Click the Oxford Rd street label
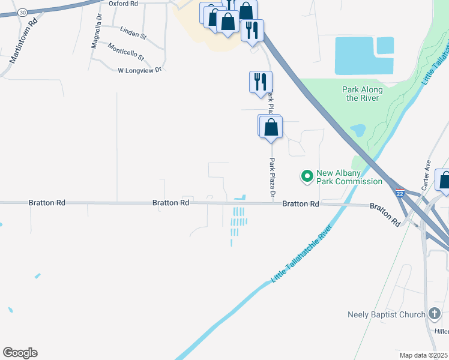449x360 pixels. tap(123, 3)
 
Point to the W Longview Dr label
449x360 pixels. tap(140, 70)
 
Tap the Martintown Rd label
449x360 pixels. tap(23, 40)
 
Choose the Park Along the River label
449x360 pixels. tap(363, 94)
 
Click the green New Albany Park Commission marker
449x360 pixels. tap(307, 176)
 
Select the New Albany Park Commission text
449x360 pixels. tap(350, 177)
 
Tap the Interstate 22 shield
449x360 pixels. tap(400, 193)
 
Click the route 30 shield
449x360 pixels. tap(22, 12)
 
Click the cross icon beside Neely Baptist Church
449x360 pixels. tap(435, 314)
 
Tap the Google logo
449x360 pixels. tap(20, 353)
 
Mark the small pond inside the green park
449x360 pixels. tap(358, 130)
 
